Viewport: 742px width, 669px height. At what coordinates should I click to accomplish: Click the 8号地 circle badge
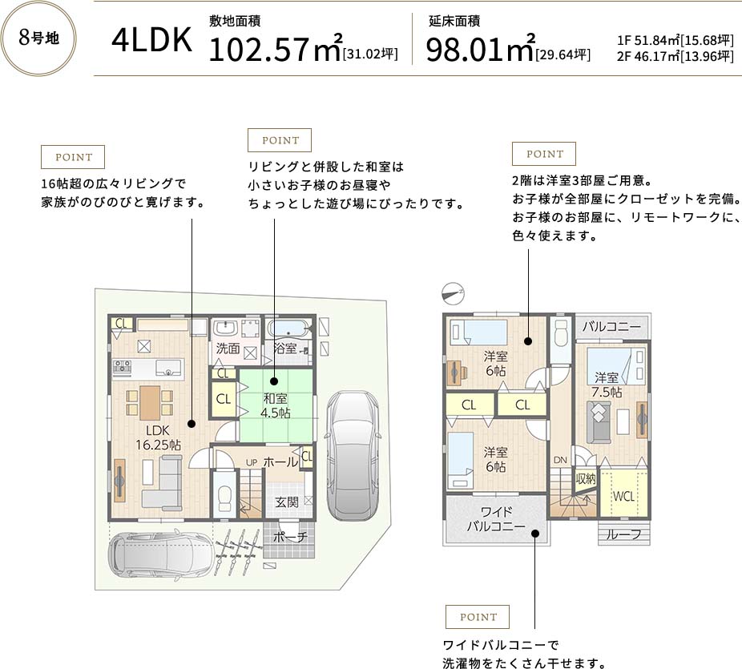(x=38, y=38)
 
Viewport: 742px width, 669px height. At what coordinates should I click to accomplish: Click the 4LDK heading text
(x=152, y=40)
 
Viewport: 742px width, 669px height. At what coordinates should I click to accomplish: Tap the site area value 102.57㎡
(x=275, y=48)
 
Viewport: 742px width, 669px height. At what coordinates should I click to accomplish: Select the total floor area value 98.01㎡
(x=480, y=48)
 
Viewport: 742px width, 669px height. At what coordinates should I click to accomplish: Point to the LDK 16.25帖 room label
(x=158, y=437)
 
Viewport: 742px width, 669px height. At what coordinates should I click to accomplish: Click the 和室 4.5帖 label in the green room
(x=276, y=405)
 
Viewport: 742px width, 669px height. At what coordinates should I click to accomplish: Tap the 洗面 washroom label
(x=228, y=349)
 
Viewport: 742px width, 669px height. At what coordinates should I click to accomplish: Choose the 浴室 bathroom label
(x=285, y=349)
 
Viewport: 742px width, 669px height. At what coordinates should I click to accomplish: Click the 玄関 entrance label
(x=287, y=502)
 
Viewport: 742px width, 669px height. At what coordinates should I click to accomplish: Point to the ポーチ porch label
(x=290, y=537)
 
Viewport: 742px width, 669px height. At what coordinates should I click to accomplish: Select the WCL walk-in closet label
(x=623, y=496)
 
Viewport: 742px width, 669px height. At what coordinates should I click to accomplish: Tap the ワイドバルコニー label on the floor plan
(x=496, y=519)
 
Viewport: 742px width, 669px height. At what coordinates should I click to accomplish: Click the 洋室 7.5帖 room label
(x=607, y=385)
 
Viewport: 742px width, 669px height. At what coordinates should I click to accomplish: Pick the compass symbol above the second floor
(x=453, y=293)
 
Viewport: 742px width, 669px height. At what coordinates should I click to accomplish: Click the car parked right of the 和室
(x=353, y=455)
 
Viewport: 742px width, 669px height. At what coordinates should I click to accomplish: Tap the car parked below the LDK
(x=161, y=553)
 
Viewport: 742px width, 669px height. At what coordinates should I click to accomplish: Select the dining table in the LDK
(x=150, y=403)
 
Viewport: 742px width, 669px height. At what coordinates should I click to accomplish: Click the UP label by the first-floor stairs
(x=252, y=462)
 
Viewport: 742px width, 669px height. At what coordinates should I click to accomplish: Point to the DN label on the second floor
(x=560, y=460)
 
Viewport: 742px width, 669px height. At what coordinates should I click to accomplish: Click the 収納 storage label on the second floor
(x=586, y=479)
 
